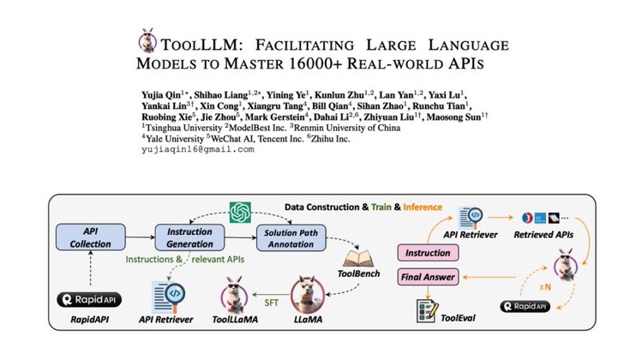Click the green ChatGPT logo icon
pyautogui.click(x=238, y=209)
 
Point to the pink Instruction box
pyautogui.click(x=428, y=253)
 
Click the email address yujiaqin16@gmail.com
pyautogui.click(x=197, y=149)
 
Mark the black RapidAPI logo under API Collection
pyautogui.click(x=87, y=300)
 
